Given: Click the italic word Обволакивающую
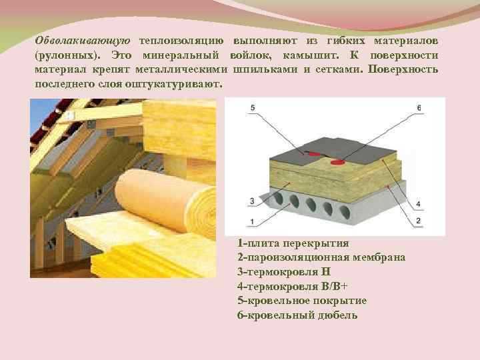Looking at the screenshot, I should (x=83, y=41).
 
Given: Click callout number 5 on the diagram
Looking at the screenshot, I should (x=253, y=108).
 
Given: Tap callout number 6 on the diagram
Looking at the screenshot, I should (x=418, y=108).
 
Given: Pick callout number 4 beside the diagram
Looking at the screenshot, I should (x=418, y=203).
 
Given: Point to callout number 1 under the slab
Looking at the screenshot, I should (x=253, y=221).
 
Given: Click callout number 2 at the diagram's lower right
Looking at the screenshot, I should (x=418, y=220).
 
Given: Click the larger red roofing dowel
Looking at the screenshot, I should (x=338, y=161).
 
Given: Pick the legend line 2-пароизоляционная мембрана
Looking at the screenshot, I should (x=321, y=257).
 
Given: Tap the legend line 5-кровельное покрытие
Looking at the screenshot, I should (x=301, y=300).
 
